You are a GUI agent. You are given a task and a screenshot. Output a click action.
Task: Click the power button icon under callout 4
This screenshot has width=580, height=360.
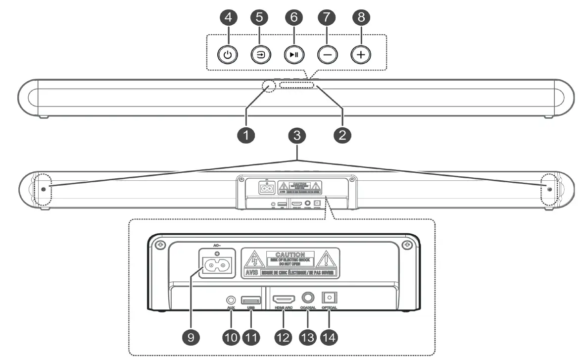pos(227,55)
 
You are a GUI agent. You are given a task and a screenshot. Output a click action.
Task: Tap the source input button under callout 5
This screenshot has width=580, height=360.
pos(260,55)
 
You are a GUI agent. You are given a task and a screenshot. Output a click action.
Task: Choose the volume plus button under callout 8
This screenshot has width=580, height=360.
pos(361,55)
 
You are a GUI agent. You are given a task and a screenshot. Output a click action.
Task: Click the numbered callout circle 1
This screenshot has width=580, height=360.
pos(246,134)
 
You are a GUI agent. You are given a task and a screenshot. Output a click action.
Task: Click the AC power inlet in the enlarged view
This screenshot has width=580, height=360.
pos(216,265)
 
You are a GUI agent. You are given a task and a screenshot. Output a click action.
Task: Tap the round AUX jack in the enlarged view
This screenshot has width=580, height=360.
pos(230,300)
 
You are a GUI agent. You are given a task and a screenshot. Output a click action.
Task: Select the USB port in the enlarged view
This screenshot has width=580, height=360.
pos(251,300)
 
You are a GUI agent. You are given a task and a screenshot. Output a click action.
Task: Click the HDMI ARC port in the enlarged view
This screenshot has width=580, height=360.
pos(284,300)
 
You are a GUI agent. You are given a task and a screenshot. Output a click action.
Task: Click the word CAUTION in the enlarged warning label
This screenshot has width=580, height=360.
pos(290,255)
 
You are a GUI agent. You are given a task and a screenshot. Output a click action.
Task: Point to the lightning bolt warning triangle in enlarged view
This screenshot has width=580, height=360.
pos(254,260)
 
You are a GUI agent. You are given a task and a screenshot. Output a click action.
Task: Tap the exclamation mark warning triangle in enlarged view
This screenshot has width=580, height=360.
pos(326,260)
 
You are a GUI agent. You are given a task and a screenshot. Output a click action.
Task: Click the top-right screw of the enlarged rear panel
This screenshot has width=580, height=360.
pos(407,245)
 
